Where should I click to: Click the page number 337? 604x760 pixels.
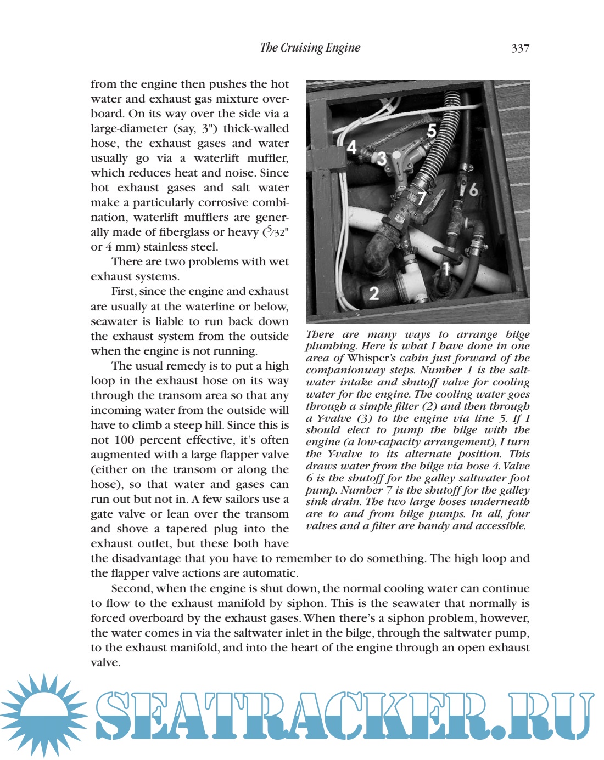520,48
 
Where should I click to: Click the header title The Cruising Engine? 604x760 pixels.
310,48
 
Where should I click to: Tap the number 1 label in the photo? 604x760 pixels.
446,268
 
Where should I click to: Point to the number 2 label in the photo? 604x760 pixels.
374,293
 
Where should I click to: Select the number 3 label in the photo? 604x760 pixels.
381,158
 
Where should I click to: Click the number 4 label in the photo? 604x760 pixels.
352,146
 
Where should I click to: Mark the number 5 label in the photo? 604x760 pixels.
432,131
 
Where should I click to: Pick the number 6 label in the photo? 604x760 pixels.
473,189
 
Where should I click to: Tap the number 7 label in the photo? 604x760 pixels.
421,197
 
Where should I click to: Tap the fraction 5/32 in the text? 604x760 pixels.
277,231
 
